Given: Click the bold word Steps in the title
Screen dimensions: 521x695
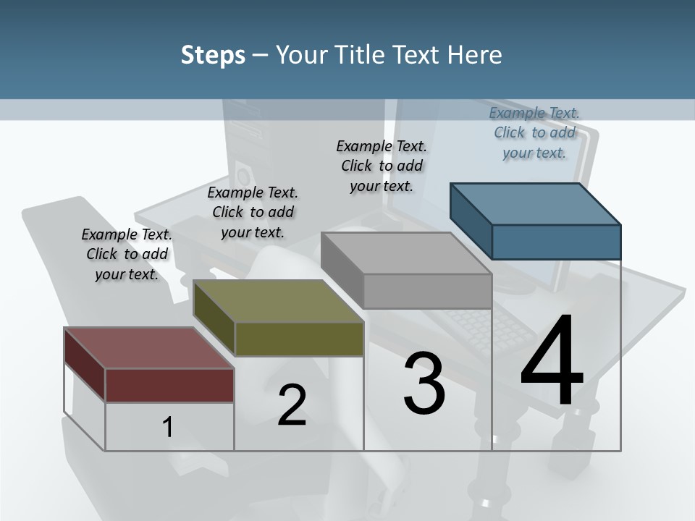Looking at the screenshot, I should [x=213, y=55].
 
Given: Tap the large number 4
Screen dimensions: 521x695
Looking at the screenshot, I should [x=552, y=362].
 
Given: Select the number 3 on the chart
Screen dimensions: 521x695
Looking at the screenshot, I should [x=424, y=384].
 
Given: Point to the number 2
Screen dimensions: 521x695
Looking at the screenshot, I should [x=292, y=405].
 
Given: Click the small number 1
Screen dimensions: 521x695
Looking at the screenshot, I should [x=167, y=428].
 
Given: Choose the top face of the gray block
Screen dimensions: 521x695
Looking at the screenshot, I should [x=406, y=253].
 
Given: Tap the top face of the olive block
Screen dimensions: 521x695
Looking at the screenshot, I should [x=279, y=301].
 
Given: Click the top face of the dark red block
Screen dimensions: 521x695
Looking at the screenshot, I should [x=149, y=348].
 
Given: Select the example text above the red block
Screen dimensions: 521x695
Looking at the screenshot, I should [x=127, y=255].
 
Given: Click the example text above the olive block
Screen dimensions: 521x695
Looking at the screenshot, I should [x=253, y=212].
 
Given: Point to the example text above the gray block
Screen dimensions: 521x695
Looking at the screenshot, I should [x=382, y=166].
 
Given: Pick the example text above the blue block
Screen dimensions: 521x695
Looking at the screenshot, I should [x=534, y=132].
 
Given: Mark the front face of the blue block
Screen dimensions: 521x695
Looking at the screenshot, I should [x=556, y=242].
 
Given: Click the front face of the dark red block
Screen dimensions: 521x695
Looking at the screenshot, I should [x=169, y=385].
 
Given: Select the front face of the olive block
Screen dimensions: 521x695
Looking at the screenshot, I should [x=299, y=339].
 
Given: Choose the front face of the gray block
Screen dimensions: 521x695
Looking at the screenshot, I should [x=427, y=292].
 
